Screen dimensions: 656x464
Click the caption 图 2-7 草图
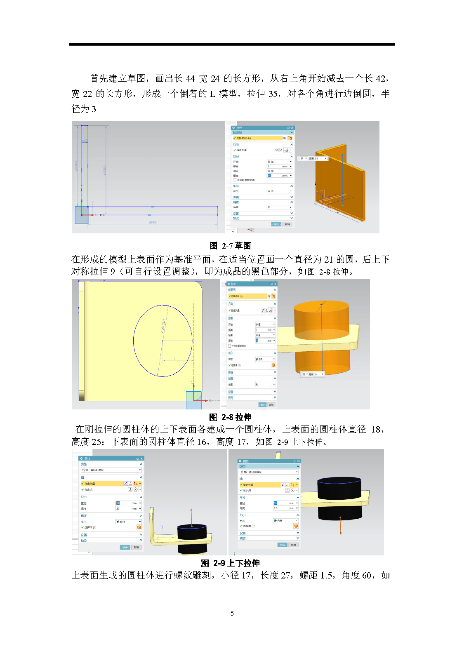pos(230,246)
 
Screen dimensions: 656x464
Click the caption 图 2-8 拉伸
pos(230,417)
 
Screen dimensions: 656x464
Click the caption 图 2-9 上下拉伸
pos(230,563)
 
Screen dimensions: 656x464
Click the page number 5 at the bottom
pos(232,614)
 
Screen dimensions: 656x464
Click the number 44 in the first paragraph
pos(190,78)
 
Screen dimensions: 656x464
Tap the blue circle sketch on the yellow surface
pos(134,330)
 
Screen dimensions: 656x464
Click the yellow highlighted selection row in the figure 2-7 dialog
pos(258,138)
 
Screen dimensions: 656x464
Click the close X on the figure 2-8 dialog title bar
pos(275,284)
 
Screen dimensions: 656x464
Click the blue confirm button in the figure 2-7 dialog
pos(276,224)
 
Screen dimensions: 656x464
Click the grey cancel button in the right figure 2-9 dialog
pos(293,545)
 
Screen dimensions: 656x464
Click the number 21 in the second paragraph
pos(328,260)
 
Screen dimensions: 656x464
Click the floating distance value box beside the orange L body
pos(314,158)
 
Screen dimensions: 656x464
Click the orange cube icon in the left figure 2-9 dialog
pos(139,527)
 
